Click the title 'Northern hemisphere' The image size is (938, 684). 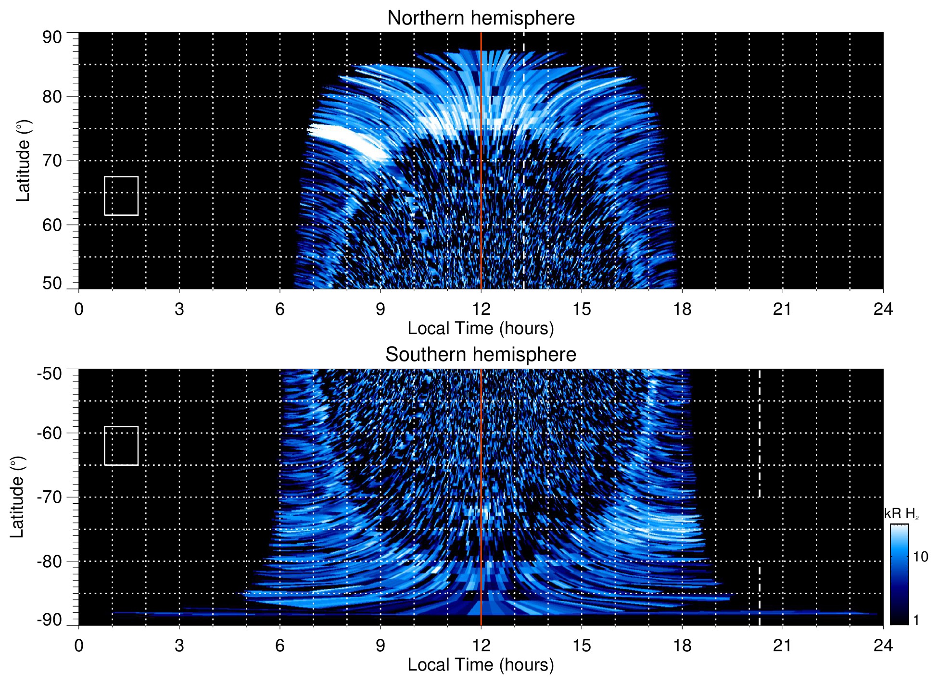(481, 18)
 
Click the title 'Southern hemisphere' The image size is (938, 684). (481, 355)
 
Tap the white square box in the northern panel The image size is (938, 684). (121, 196)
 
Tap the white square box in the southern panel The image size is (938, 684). (121, 446)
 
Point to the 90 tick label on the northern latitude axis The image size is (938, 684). (52, 37)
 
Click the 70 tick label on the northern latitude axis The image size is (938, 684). (52, 161)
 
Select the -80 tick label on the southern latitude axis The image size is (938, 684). (50, 561)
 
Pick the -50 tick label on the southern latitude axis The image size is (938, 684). (50, 373)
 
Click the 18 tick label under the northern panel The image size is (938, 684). (682, 309)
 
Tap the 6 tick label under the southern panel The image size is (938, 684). (280, 646)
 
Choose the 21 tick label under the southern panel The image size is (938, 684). (783, 646)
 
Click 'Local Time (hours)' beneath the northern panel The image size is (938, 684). (481, 328)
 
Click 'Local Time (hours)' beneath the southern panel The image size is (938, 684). (481, 665)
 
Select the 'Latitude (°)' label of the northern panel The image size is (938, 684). (23, 161)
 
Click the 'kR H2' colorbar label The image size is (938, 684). (901, 514)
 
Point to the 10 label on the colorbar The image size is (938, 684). (920, 557)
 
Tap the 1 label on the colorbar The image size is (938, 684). (916, 620)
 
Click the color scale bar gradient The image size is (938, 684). (899, 574)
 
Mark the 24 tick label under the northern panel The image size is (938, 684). (883, 309)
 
